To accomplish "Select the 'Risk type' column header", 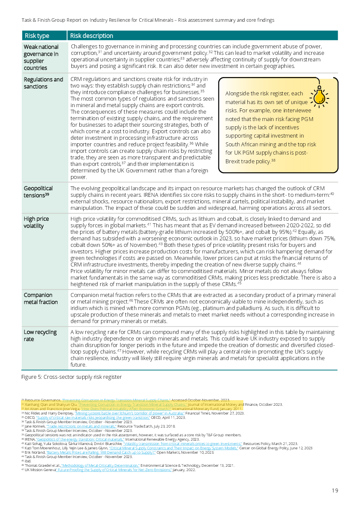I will click(37, 36).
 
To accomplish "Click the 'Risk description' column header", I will click(91, 36).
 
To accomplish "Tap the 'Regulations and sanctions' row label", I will click(43, 83).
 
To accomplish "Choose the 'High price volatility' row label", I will click(36, 222).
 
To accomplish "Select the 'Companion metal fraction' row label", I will click(40, 298).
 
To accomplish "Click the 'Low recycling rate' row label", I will click(40, 335).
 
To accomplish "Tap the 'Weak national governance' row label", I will click(41, 57).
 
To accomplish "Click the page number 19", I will click(335, 491).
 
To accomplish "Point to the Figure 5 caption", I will click(71, 377).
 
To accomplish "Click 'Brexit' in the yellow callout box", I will click(234, 161).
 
